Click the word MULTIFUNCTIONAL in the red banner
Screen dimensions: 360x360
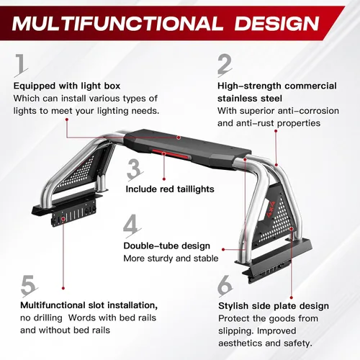(117, 24)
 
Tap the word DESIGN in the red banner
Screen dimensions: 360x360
(277, 24)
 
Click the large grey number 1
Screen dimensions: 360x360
(21, 64)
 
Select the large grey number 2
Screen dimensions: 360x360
(225, 64)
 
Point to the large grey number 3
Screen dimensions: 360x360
(135, 169)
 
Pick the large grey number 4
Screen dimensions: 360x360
(132, 225)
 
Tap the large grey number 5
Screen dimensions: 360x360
(29, 286)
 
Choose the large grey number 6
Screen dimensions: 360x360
(225, 286)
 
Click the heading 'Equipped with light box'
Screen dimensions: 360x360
(67, 86)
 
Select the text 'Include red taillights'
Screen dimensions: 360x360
(170, 189)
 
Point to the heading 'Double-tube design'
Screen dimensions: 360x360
(167, 246)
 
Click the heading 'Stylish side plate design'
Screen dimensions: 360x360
(274, 306)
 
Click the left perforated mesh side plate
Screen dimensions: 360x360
(79, 171)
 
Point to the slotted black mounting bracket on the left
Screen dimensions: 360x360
(73, 212)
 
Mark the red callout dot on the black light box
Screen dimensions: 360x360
(179, 138)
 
